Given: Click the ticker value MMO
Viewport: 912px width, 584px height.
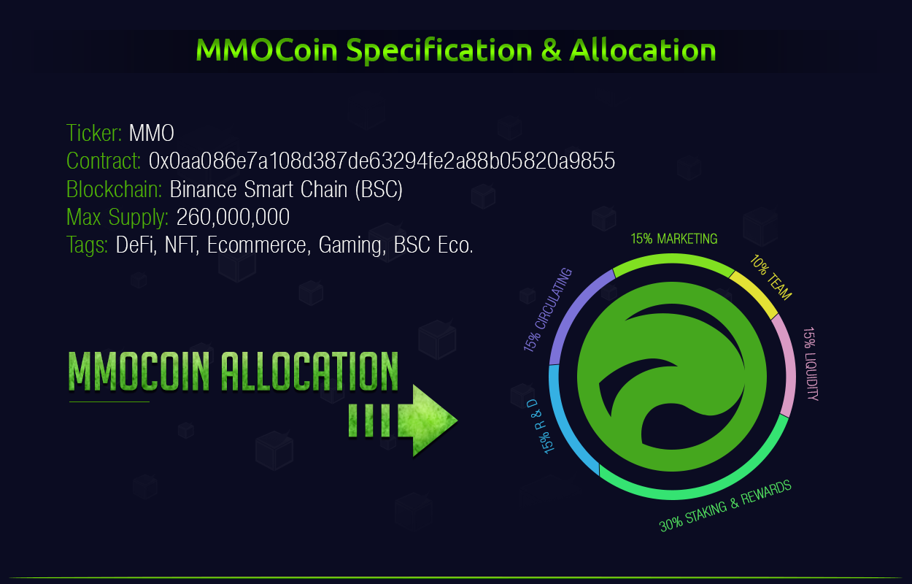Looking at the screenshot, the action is [152, 133].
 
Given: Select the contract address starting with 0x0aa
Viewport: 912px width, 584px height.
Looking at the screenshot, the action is [382, 161].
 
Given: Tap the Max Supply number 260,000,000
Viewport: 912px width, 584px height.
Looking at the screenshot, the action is [233, 217].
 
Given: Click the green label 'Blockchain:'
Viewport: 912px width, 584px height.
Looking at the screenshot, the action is [114, 189].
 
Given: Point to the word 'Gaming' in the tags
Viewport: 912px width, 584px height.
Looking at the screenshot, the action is [352, 245].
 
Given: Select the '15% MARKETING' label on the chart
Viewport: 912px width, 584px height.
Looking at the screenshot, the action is [674, 239].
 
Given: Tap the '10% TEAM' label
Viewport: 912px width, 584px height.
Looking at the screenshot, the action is [770, 277].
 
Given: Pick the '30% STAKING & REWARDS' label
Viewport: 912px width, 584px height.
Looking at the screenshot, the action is [725, 506].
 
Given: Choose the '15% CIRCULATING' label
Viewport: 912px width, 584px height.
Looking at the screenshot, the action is [548, 310].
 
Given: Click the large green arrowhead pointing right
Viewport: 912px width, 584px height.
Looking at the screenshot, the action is [428, 420].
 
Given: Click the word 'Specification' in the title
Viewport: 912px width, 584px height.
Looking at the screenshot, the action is [439, 50].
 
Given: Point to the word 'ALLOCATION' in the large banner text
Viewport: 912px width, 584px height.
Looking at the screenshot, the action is [309, 372].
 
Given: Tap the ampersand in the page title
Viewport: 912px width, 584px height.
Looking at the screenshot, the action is [551, 50].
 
